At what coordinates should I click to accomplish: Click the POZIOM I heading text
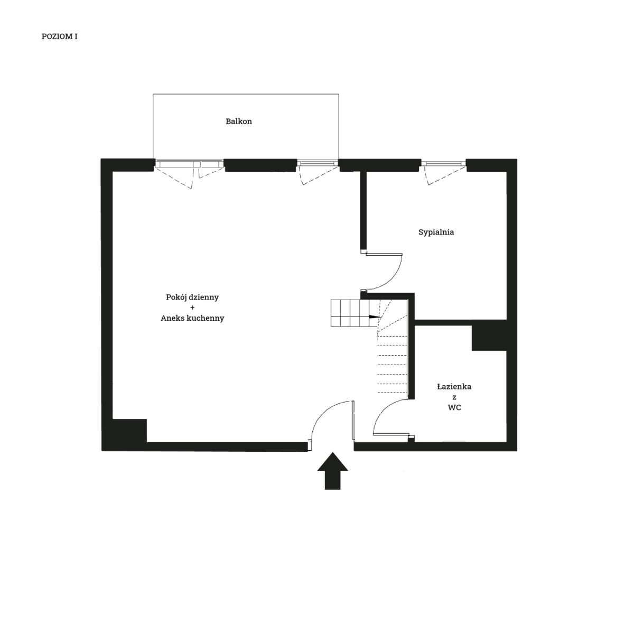[x=60, y=36]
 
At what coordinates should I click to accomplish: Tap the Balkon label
[x=239, y=122]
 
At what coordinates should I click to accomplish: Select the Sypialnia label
[x=436, y=232]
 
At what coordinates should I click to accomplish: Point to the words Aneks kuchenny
[x=192, y=318]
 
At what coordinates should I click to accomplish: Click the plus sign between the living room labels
[x=192, y=307]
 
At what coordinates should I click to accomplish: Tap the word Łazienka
[x=454, y=387]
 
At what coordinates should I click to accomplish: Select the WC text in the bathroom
[x=454, y=408]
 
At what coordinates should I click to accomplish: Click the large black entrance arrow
[x=333, y=471]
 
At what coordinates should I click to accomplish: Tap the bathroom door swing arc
[x=384, y=413]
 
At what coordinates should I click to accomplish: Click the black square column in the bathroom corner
[x=489, y=338]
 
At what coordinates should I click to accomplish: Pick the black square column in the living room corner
[x=129, y=431]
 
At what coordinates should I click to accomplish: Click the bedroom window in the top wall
[x=443, y=163]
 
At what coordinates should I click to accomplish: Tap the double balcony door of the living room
[x=189, y=164]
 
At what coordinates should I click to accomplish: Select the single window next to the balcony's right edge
[x=318, y=163]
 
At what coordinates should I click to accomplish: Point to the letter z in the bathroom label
[x=454, y=397]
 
